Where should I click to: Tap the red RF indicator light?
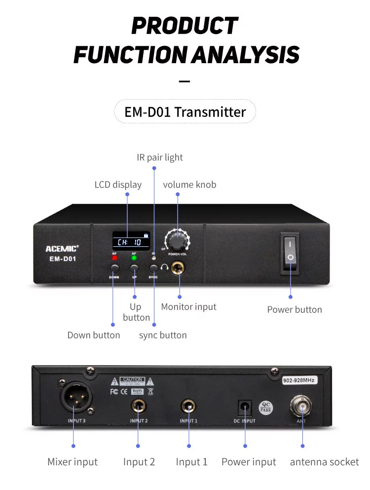tap(114, 258)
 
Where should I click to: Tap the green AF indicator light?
tap(134, 258)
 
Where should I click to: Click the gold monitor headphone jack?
tap(179, 269)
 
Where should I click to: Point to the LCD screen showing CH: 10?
tap(131, 241)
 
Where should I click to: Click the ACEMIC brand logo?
tap(62, 249)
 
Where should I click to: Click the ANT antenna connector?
tap(301, 406)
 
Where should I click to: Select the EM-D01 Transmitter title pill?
tap(185, 112)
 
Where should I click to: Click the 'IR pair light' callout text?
tap(159, 157)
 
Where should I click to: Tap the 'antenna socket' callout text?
tap(324, 462)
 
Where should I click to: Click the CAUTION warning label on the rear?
tap(132, 381)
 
